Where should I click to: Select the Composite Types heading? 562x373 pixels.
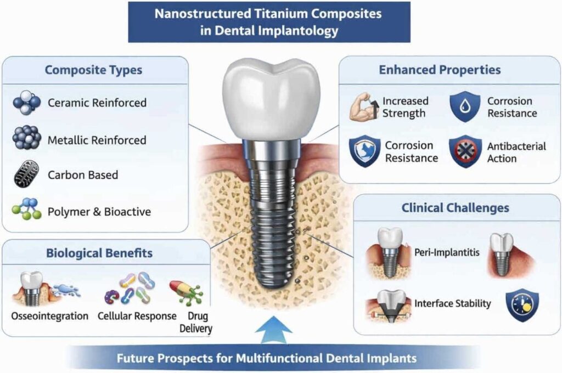pyautogui.click(x=93, y=70)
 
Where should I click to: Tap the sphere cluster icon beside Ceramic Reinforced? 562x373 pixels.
pyautogui.click(x=26, y=102)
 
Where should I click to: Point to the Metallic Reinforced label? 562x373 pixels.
pyautogui.click(x=97, y=140)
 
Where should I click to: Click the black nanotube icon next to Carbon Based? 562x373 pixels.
pyautogui.click(x=26, y=174)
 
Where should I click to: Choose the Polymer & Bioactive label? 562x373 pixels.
pyautogui.click(x=99, y=211)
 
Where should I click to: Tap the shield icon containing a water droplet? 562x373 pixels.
pyautogui.click(x=465, y=106)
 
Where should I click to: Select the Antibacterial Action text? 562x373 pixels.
pyautogui.click(x=516, y=152)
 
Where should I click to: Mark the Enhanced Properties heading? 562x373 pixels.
pyautogui.click(x=440, y=70)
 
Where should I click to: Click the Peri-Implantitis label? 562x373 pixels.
pyautogui.click(x=447, y=252)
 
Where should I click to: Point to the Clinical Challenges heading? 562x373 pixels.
pyautogui.click(x=455, y=207)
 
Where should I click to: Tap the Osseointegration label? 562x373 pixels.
pyautogui.click(x=50, y=316)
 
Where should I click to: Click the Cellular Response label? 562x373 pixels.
pyautogui.click(x=137, y=316)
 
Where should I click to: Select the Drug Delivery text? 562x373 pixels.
pyautogui.click(x=196, y=322)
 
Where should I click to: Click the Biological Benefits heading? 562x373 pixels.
pyautogui.click(x=99, y=253)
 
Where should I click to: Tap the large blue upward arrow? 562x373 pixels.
pyautogui.click(x=274, y=330)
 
